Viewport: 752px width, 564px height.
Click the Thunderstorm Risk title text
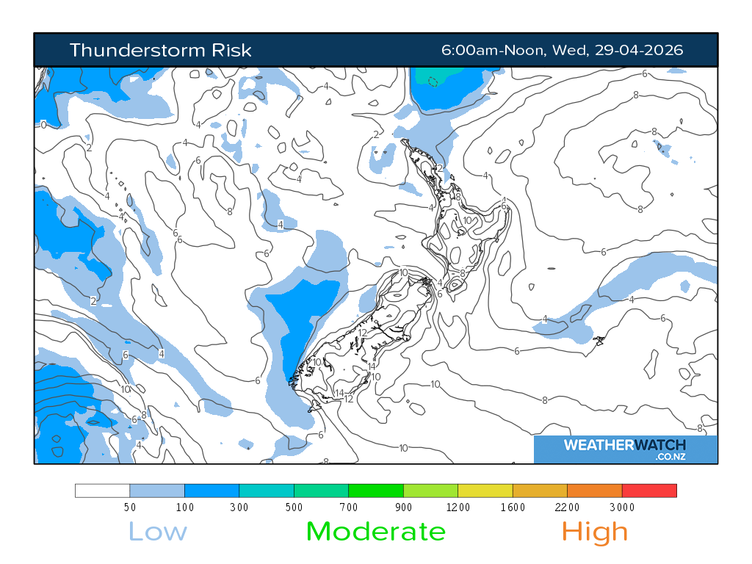click(x=160, y=50)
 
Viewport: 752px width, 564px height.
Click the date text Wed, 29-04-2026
click(x=618, y=50)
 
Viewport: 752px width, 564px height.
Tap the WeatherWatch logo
click(x=625, y=446)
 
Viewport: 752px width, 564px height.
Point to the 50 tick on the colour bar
click(x=130, y=507)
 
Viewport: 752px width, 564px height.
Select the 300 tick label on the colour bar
click(x=239, y=507)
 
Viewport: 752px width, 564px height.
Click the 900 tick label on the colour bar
click(x=403, y=507)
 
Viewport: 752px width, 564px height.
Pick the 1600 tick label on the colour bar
click(x=513, y=507)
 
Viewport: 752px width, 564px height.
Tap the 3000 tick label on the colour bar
click(x=622, y=507)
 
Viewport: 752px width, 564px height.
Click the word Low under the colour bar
click(x=158, y=531)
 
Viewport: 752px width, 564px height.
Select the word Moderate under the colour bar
click(x=375, y=531)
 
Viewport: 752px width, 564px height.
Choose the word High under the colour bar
click(x=594, y=531)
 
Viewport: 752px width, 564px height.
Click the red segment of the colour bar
click(x=649, y=491)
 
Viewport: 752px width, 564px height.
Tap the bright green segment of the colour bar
click(x=376, y=491)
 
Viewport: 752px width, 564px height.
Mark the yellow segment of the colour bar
click(x=485, y=491)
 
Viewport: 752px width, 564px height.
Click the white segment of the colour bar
click(x=103, y=491)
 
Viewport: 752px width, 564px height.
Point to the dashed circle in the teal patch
click(x=433, y=82)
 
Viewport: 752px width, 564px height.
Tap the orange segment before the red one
click(x=595, y=491)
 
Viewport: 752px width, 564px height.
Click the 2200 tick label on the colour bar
click(x=568, y=507)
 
